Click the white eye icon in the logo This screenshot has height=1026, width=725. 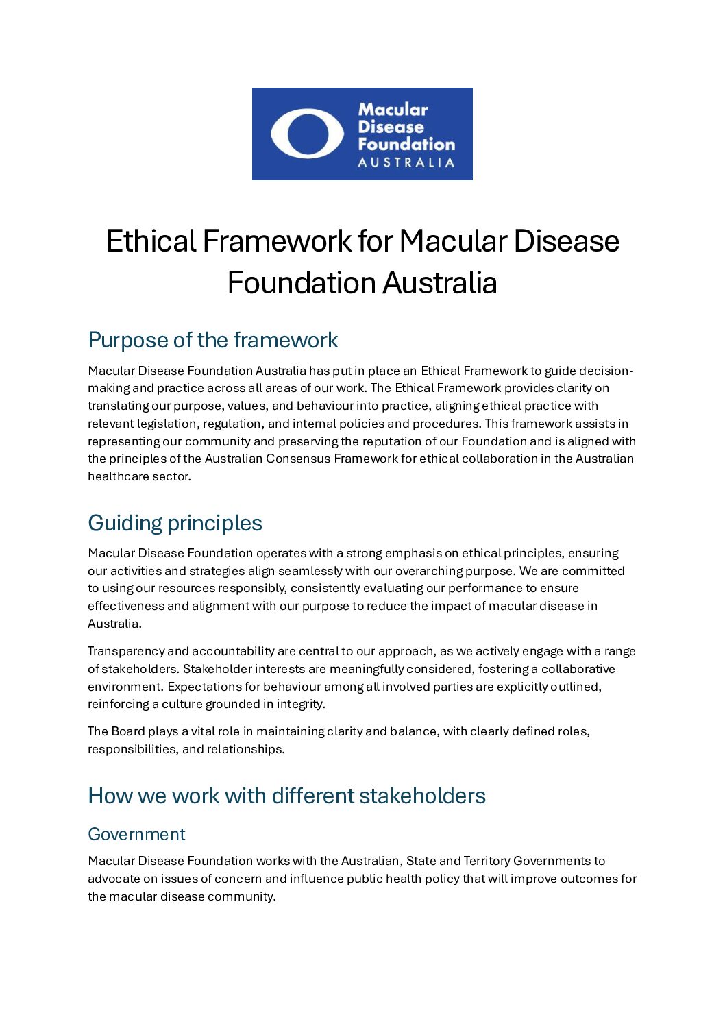click(x=307, y=134)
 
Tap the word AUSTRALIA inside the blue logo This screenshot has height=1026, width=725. click(x=406, y=162)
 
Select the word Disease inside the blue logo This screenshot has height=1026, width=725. click(x=391, y=127)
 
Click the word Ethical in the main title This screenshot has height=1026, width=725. click(x=151, y=241)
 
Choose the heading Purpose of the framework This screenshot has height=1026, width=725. click(x=212, y=340)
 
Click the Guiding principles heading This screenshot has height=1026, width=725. click(x=175, y=523)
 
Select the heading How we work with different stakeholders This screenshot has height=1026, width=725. click(x=286, y=796)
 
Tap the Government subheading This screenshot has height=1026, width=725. click(x=136, y=834)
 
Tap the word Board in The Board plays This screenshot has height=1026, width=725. click(x=128, y=731)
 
